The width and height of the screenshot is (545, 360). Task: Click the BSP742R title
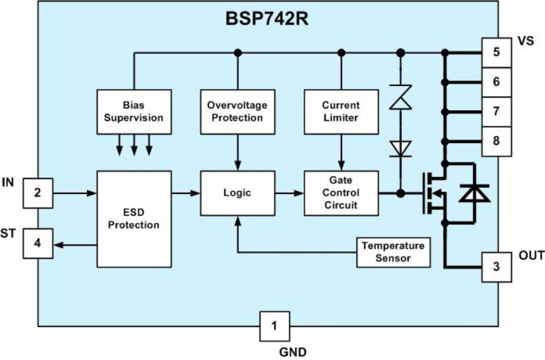tap(267, 19)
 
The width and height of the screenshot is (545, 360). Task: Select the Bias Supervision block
tap(134, 112)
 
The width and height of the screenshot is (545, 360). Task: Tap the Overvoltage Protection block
tap(238, 112)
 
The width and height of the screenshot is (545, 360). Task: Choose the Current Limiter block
tap(341, 112)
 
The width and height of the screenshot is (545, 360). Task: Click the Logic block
tap(238, 193)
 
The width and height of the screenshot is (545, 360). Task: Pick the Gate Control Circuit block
tap(341, 193)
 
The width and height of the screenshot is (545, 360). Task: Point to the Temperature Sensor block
tap(394, 252)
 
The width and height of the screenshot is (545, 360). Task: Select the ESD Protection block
tap(134, 219)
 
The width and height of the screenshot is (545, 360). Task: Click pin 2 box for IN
tap(38, 193)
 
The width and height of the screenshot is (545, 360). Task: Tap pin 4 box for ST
tap(38, 243)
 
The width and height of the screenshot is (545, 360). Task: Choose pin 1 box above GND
tap(275, 327)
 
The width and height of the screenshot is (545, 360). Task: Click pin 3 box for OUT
tap(497, 267)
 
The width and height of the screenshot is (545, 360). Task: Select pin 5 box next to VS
tap(497, 53)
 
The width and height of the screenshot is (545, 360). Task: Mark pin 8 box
tap(497, 141)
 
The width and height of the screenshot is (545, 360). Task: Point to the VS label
tap(526, 41)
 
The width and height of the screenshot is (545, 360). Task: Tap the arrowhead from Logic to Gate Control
tap(299, 193)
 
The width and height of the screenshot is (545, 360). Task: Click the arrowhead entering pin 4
tap(59, 245)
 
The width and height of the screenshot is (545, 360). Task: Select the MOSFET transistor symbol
tap(434, 193)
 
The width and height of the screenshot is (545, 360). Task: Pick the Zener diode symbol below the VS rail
tap(401, 97)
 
